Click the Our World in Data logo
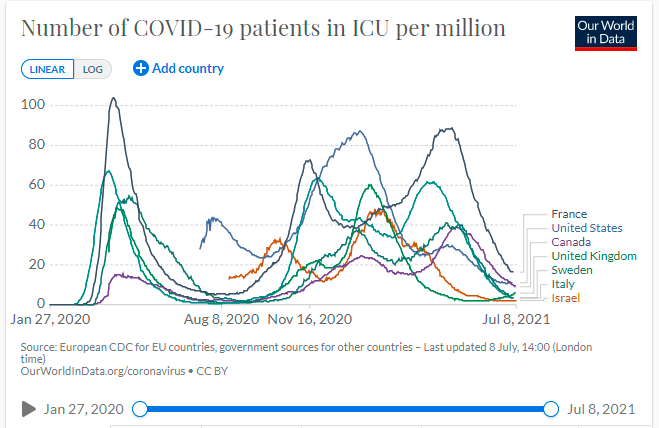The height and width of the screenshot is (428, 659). [x=606, y=32]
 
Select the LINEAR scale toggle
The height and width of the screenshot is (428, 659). [x=47, y=69]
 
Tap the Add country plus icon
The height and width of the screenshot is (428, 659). [x=141, y=68]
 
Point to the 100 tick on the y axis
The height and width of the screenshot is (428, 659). [x=34, y=105]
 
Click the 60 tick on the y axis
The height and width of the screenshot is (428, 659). [x=38, y=184]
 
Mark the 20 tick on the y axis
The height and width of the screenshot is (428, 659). [x=38, y=264]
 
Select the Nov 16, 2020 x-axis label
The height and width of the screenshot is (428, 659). [x=310, y=321]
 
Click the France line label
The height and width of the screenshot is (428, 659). [x=569, y=214]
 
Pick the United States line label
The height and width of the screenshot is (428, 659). [x=587, y=228]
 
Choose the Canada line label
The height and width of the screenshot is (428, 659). [x=571, y=242]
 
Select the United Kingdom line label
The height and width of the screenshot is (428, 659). [x=594, y=256]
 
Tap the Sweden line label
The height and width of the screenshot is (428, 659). [x=572, y=270]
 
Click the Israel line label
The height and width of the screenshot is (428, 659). [x=566, y=298]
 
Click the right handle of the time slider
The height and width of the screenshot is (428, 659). [x=550, y=408]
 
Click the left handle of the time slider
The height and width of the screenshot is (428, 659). [x=140, y=408]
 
